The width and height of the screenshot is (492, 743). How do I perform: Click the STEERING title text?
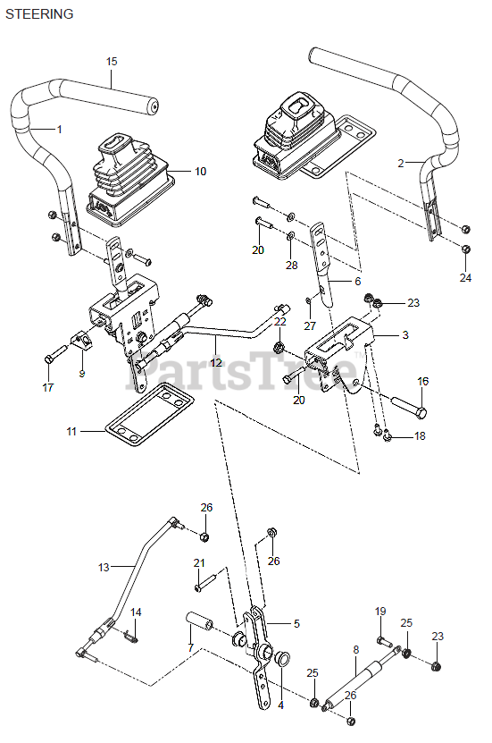[39, 14]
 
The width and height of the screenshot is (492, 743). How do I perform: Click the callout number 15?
[112, 62]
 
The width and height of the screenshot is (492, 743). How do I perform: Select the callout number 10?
[201, 171]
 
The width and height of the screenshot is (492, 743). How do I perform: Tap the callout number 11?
[71, 431]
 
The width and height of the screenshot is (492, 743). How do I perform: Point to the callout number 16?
[423, 381]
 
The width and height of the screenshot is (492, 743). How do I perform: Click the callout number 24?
[465, 278]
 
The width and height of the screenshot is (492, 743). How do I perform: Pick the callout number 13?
[104, 567]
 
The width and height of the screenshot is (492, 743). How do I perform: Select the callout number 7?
[191, 647]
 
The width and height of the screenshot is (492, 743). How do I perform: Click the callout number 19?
[380, 612]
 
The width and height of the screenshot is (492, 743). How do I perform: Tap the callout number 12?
[216, 362]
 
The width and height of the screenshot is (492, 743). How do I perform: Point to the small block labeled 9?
[80, 341]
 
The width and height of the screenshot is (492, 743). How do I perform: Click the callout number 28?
[292, 265]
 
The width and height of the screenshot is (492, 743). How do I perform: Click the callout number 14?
[136, 612]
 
